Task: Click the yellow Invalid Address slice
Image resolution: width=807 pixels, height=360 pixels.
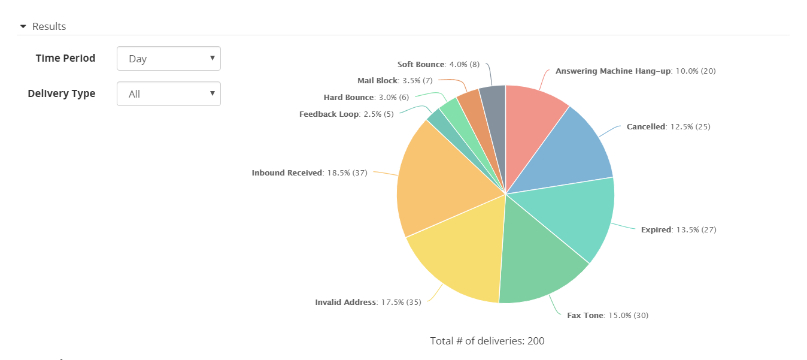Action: click(461, 258)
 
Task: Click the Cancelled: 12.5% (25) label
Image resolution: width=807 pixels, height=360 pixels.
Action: click(668, 126)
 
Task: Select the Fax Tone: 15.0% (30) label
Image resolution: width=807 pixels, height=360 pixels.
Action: click(608, 315)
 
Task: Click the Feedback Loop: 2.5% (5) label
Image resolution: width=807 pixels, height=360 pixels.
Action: click(346, 114)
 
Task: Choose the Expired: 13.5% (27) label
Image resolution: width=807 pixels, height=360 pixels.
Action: click(678, 229)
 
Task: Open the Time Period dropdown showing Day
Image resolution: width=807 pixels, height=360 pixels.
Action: click(169, 59)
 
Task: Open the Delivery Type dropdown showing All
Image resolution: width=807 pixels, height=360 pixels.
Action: click(169, 94)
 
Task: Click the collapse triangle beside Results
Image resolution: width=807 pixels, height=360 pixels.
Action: click(23, 26)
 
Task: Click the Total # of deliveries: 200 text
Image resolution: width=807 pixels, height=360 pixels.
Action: click(487, 341)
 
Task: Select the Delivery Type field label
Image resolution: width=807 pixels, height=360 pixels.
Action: click(61, 93)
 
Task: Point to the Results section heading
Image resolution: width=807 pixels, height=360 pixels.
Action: click(49, 26)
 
